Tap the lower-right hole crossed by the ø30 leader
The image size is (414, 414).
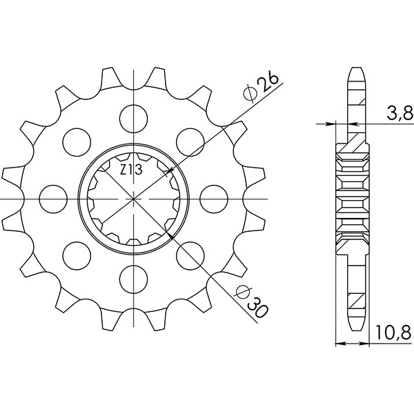(188, 255)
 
